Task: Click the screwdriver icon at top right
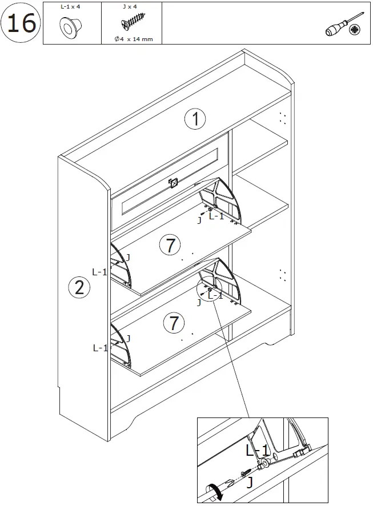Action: (342, 26)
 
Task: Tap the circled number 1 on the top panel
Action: (195, 119)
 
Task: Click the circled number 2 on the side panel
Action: (79, 287)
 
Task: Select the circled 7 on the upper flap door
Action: (170, 245)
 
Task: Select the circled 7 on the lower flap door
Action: (174, 323)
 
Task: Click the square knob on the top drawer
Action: (174, 183)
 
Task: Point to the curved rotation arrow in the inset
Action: (215, 492)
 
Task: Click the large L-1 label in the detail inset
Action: (258, 450)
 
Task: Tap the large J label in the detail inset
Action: (250, 483)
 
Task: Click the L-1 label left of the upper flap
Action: (100, 272)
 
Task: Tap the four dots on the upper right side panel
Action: (282, 118)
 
